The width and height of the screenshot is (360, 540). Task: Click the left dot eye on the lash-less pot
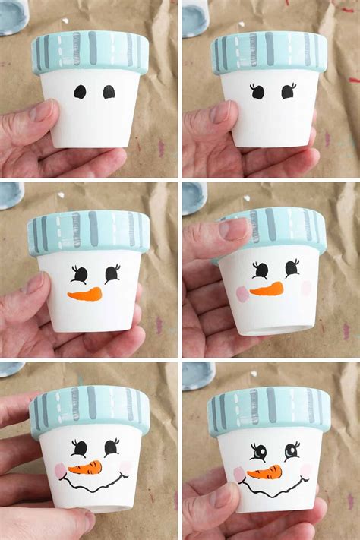click(80, 92)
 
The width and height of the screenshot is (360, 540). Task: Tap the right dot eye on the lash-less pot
click(109, 92)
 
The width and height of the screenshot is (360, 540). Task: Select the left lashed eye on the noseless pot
click(257, 92)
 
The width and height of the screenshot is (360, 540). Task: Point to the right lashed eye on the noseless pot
click(288, 91)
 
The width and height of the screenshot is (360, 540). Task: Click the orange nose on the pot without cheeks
click(84, 293)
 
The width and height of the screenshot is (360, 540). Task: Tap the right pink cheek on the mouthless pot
click(306, 287)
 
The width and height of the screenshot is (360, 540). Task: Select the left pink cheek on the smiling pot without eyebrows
click(61, 471)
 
